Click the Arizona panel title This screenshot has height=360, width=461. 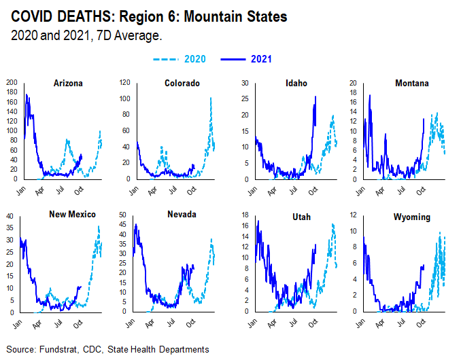[x=68, y=84]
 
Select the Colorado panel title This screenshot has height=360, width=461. [x=182, y=84]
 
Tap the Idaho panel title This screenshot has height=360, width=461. [x=296, y=84]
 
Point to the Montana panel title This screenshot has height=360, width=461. [x=412, y=84]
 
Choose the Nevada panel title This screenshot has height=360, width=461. [x=182, y=215]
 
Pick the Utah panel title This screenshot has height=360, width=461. [x=296, y=215]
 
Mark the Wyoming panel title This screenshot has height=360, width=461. [x=412, y=215]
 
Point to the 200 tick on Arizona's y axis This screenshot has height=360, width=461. [x=10, y=82]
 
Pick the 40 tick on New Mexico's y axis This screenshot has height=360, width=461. [x=10, y=217]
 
